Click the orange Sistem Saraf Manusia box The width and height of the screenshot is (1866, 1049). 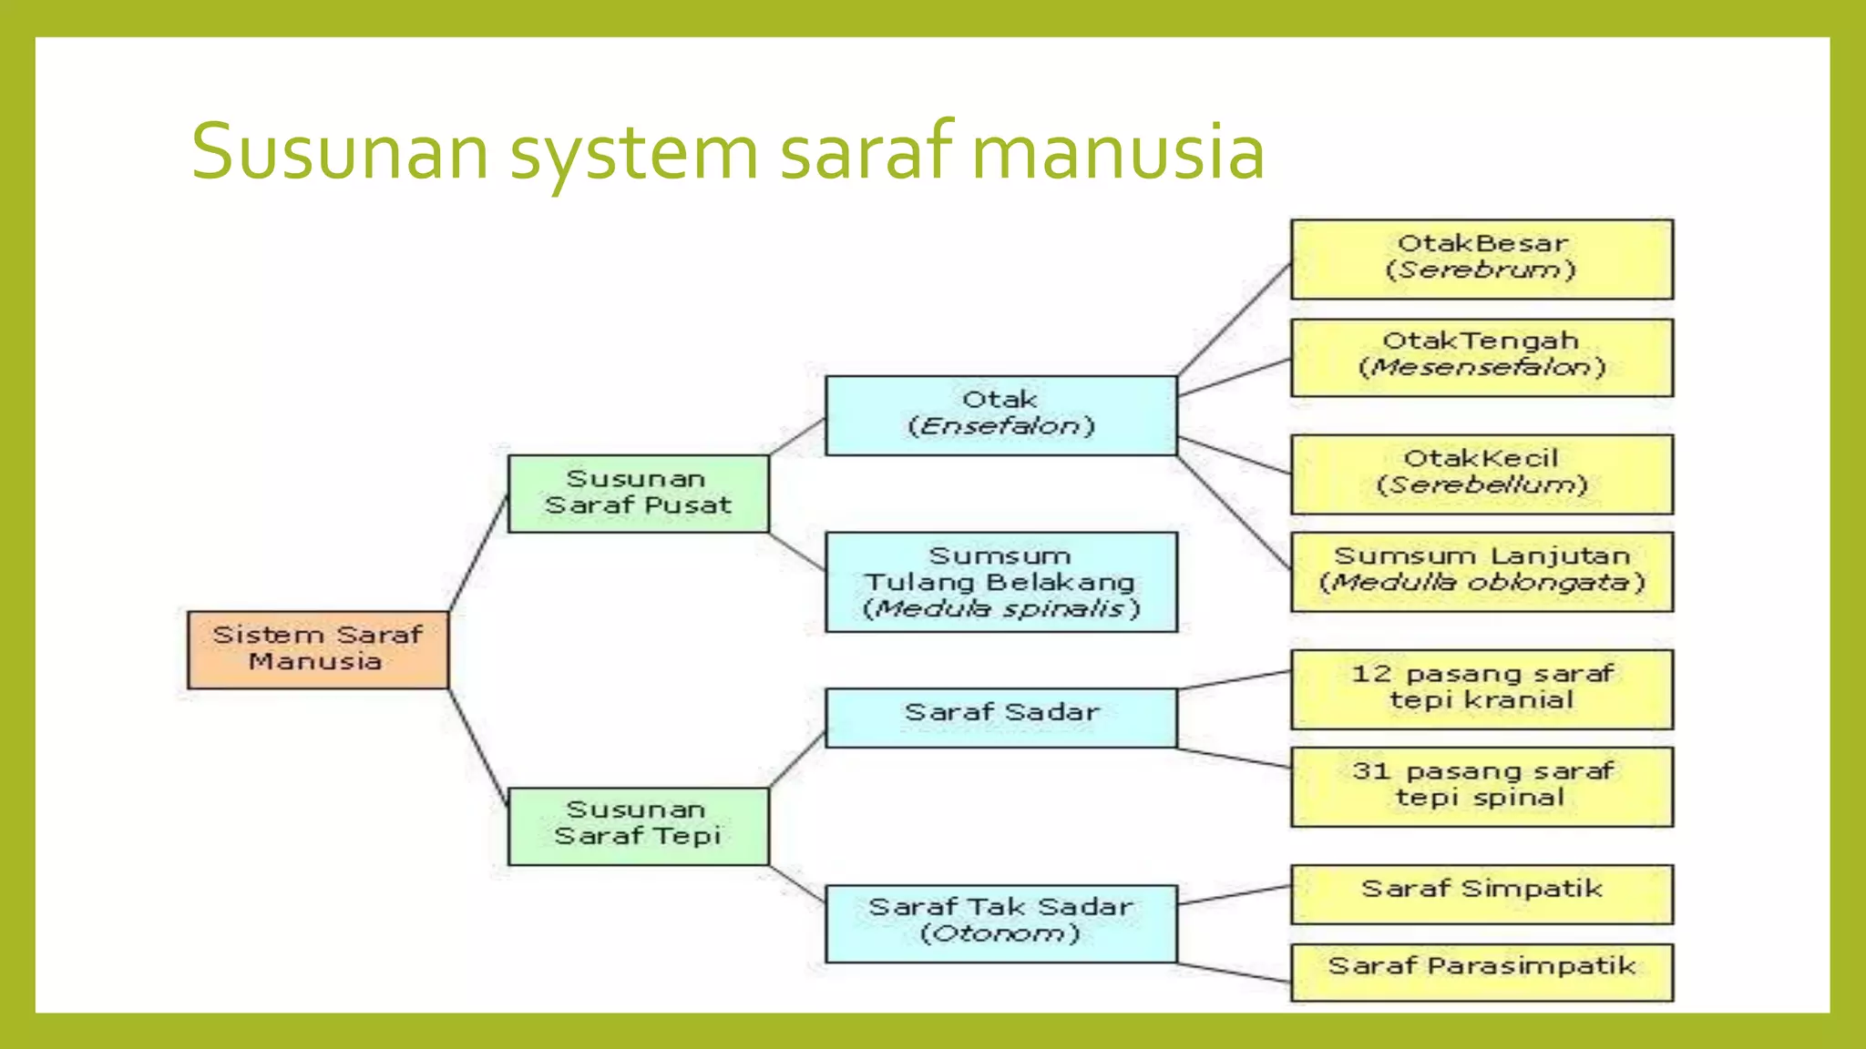(x=318, y=649)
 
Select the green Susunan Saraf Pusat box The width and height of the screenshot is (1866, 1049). (x=638, y=494)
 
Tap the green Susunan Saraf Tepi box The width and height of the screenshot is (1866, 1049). (x=638, y=825)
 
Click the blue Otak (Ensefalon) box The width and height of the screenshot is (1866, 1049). (x=1000, y=415)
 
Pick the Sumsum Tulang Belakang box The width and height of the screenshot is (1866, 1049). (x=1000, y=582)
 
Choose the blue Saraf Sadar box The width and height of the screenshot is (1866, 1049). (x=1000, y=717)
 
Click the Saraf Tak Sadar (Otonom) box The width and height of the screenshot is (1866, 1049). (x=1000, y=922)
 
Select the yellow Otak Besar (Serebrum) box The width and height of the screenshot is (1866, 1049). (x=1482, y=259)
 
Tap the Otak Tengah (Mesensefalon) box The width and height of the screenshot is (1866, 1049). (x=1482, y=357)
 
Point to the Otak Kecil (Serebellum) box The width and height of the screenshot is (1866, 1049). (x=1482, y=474)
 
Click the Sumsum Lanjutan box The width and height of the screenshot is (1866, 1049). (x=1482, y=571)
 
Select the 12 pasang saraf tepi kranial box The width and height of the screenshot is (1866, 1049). (x=1482, y=688)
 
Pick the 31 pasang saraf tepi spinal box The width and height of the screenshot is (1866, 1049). (x=1482, y=786)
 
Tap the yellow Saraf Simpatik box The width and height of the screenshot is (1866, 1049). (x=1482, y=893)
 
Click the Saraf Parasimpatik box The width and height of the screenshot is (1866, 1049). (x=1482, y=972)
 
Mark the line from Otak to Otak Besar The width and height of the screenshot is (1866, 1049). (x=1235, y=318)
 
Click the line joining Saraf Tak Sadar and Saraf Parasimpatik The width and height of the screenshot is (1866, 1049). (x=1234, y=973)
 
